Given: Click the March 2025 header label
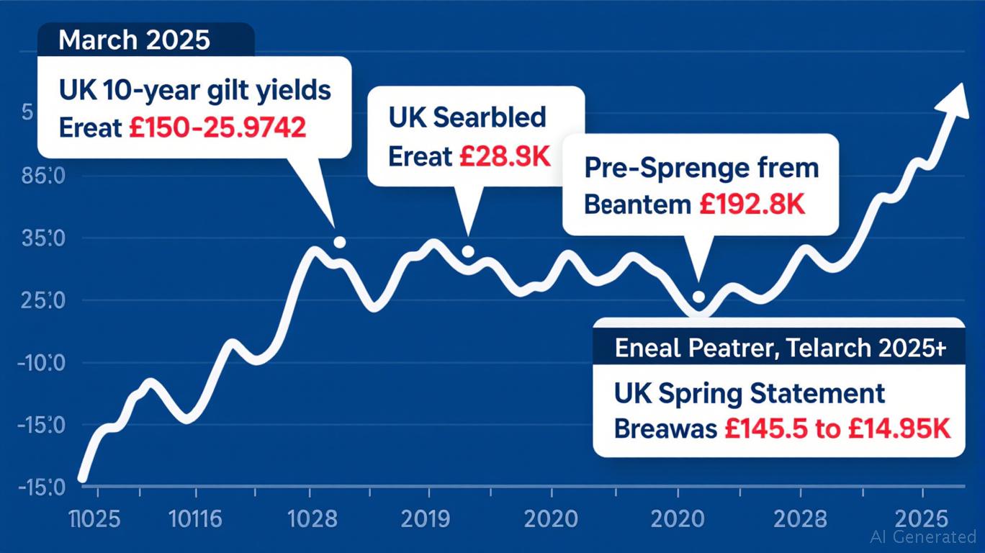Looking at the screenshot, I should (134, 40).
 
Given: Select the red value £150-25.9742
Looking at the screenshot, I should (217, 127).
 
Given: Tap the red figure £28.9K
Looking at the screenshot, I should (504, 156).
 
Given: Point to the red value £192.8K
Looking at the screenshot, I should (752, 204).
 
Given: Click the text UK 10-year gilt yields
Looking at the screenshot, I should (194, 91).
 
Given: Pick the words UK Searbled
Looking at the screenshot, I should (467, 117).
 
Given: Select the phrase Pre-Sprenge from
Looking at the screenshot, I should (701, 168).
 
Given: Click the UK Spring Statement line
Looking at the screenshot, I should (750, 394).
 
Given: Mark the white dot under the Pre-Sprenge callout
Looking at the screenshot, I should (698, 297).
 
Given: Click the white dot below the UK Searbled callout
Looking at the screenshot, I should (467, 251).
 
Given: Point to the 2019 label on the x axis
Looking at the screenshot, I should (428, 518).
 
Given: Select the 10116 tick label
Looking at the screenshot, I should (196, 518).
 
